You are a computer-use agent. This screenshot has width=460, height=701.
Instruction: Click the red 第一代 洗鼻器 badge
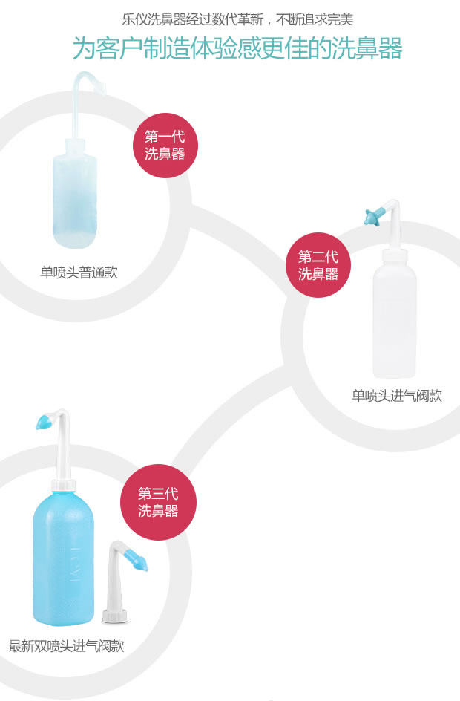(x=164, y=146)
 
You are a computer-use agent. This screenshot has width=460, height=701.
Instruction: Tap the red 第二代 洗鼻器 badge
(x=318, y=265)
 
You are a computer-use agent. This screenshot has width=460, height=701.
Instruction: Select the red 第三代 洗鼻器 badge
(x=158, y=503)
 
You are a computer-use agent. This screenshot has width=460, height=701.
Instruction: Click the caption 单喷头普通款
(x=79, y=273)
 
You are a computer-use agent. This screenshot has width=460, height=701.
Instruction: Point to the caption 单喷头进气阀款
(x=396, y=396)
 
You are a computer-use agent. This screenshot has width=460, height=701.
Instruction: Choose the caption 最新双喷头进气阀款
(x=66, y=646)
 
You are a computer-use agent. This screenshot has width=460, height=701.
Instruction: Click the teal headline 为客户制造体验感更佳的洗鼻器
(x=237, y=48)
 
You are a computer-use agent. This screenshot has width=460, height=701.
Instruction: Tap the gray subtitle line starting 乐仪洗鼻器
(x=237, y=18)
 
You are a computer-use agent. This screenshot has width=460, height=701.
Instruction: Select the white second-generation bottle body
(x=394, y=319)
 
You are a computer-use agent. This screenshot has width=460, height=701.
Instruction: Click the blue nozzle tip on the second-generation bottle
(x=372, y=217)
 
